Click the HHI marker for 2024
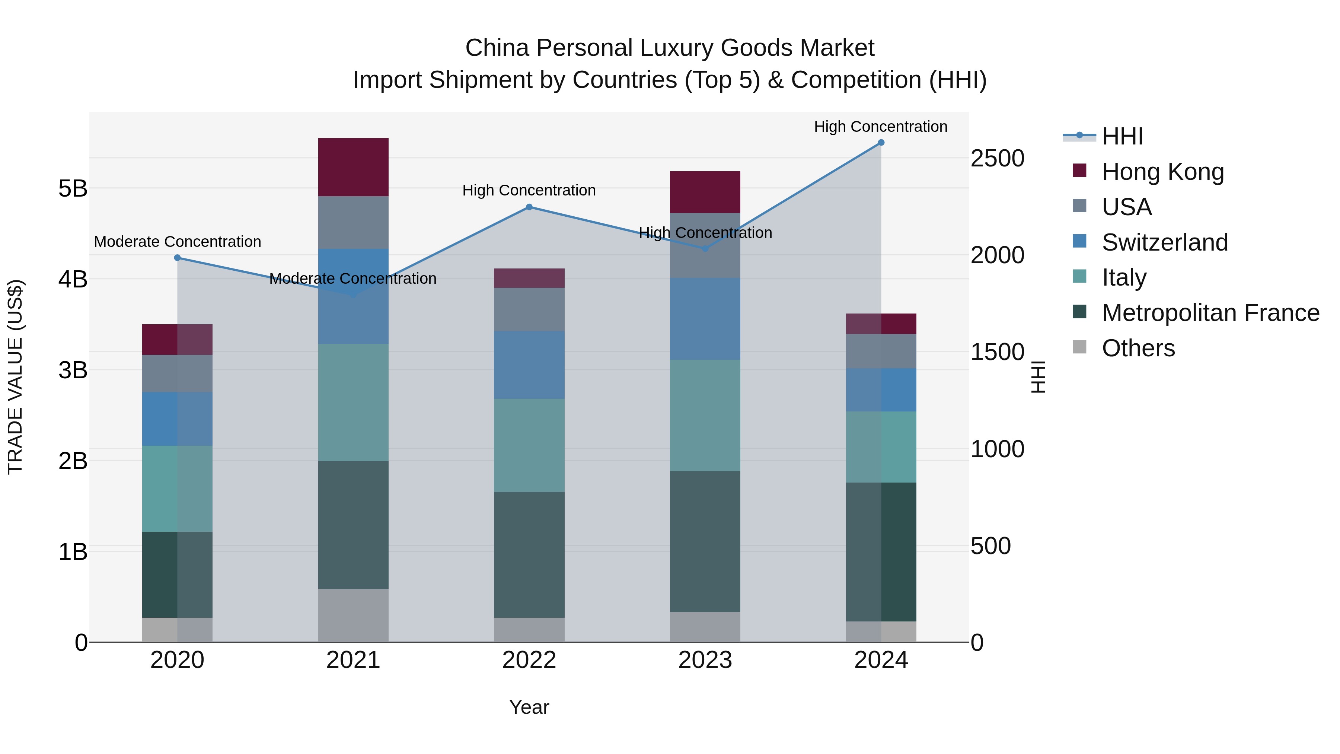point(881,143)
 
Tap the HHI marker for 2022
point(529,207)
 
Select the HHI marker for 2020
point(178,258)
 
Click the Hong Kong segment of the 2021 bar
point(353,167)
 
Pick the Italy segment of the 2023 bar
point(705,415)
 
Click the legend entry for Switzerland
point(1164,242)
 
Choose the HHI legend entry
point(1122,136)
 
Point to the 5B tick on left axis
point(73,188)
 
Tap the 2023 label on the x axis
point(705,660)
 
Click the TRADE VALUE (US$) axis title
point(16,377)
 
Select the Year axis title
point(529,707)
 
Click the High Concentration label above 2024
point(880,127)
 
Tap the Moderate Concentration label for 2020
point(178,242)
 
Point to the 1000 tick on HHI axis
point(997,449)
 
